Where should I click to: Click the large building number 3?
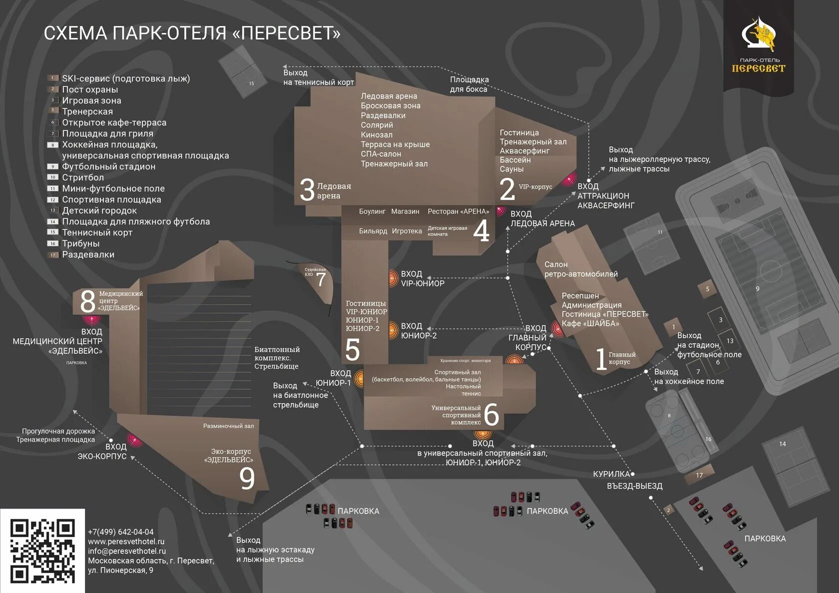(x=307, y=190)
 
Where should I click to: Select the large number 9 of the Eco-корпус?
(x=247, y=478)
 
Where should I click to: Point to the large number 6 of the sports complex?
(x=491, y=414)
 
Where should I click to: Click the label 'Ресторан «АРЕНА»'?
(x=458, y=211)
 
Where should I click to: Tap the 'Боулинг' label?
(x=372, y=211)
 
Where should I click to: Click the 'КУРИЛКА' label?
(x=611, y=474)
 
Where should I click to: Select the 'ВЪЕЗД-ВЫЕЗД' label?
(x=634, y=486)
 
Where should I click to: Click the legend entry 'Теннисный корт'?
(x=97, y=232)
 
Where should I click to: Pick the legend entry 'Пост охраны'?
(x=90, y=89)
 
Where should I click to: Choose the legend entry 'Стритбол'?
(x=83, y=177)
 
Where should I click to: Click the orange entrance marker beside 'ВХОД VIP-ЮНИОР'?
(x=394, y=278)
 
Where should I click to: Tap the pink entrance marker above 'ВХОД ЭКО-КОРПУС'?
(x=134, y=439)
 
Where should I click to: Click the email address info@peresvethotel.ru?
(x=127, y=551)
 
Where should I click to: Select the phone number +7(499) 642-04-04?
(x=121, y=532)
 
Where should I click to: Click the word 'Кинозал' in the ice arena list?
(x=377, y=134)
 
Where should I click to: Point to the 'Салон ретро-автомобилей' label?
(x=580, y=269)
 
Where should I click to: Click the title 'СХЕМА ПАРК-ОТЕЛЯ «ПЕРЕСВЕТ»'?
(x=192, y=33)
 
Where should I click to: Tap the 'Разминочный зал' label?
(x=228, y=426)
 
